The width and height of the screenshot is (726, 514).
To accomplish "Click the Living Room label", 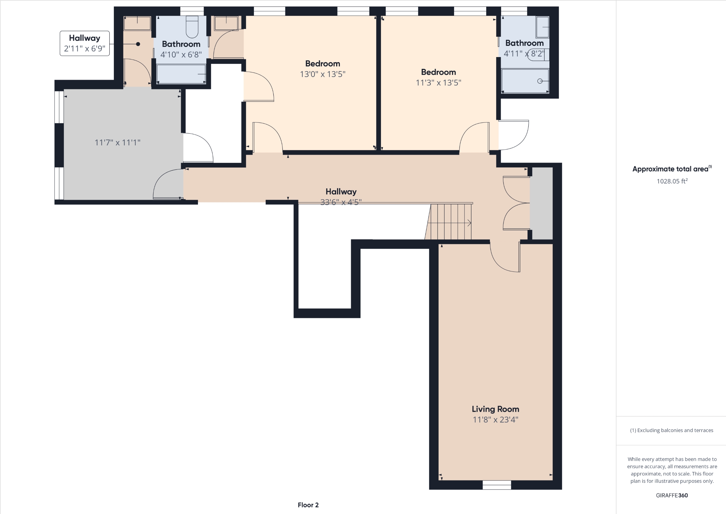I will coord(495,409).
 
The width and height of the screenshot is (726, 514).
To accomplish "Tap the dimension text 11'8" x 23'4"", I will coord(495,420).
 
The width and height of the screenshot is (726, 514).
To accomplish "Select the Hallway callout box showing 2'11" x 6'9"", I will coord(85,43).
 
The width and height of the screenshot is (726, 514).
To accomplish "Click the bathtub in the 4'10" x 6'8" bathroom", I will coord(181,74).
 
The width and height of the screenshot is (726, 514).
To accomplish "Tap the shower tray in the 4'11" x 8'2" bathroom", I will coord(525,81).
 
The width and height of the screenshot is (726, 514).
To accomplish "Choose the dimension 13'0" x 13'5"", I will coord(322,74).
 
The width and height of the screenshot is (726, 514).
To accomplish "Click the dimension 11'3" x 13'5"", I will coord(438,83).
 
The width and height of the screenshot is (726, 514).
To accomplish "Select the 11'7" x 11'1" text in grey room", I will coord(118,142).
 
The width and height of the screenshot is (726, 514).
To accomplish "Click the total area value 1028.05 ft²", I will coord(672,181).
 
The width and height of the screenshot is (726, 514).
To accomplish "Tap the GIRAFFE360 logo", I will coord(671,495).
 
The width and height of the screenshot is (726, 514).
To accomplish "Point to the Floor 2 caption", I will coord(308,505).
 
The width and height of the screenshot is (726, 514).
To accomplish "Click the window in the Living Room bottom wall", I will coord(497,485).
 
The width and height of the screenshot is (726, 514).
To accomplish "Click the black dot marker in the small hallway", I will coord(138,44).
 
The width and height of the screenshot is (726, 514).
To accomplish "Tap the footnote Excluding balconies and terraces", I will coord(671,430).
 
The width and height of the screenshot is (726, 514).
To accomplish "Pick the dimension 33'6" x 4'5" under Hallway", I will coord(341,202).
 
